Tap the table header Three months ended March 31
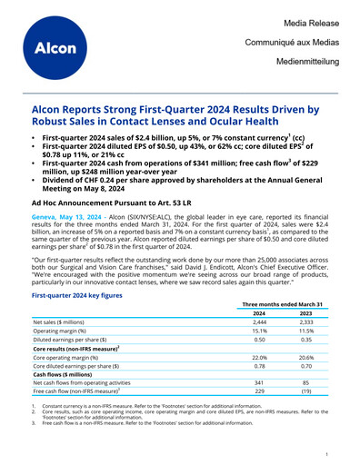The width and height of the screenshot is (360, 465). pos(282,305)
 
